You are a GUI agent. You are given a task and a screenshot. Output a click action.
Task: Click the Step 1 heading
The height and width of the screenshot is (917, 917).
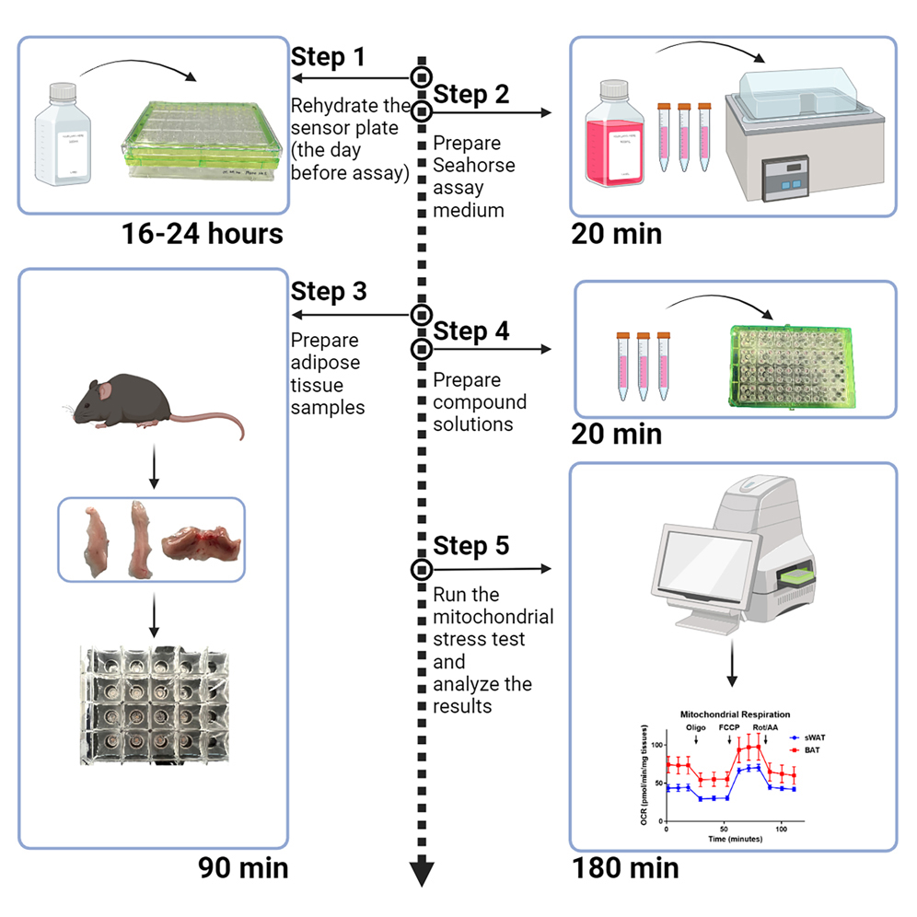[328, 56]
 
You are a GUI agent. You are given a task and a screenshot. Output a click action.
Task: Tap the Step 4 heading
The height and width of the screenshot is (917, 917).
[470, 331]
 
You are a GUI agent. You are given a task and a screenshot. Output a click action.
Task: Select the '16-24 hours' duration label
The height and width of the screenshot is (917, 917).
[202, 234]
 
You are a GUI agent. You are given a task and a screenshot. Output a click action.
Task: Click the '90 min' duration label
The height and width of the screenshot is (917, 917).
[243, 867]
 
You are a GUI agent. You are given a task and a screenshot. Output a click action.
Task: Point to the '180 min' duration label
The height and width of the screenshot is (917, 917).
[625, 867]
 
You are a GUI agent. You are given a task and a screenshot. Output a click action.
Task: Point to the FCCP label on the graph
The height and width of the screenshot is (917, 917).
[729, 726]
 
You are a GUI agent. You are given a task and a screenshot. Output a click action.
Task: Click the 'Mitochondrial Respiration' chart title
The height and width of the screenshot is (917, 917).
[734, 714]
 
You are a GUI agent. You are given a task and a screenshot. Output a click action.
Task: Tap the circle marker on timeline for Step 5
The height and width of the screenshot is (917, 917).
[421, 568]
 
